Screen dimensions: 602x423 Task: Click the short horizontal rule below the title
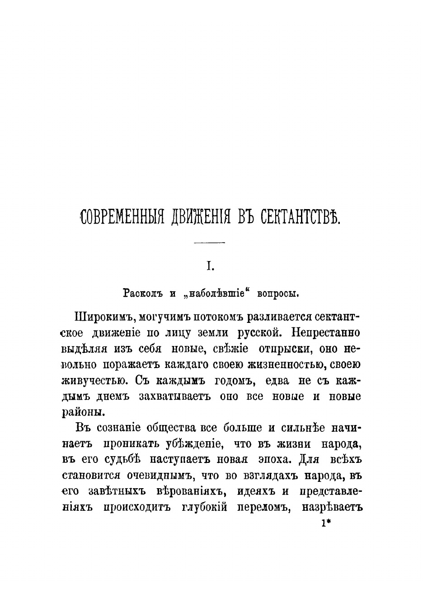click(209, 243)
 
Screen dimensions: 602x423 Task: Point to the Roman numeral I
click(210, 267)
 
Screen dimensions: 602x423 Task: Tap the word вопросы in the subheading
click(278, 293)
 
